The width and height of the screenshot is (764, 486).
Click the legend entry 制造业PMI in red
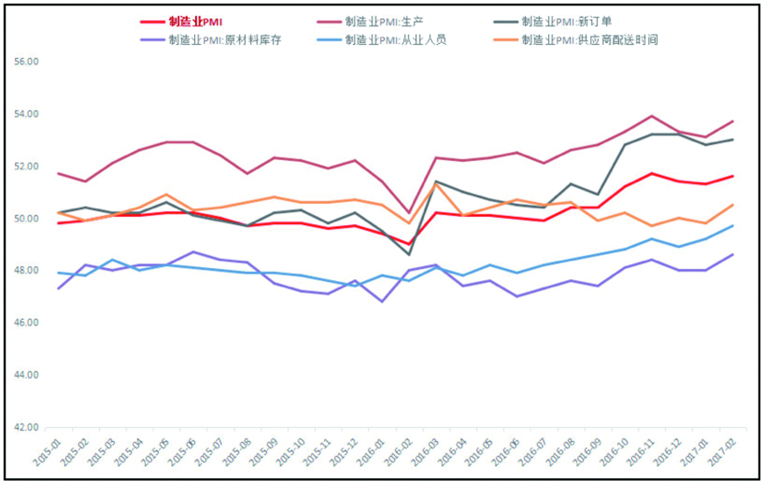(x=196, y=21)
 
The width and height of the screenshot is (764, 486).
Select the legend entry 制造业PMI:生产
(x=385, y=21)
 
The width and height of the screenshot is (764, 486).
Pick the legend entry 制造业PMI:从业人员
(x=396, y=40)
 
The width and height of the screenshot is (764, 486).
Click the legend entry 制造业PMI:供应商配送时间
(x=589, y=40)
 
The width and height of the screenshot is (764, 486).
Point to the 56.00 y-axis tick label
(x=28, y=62)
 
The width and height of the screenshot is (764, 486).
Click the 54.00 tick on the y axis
(x=28, y=114)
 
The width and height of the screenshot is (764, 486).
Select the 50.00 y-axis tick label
(x=28, y=219)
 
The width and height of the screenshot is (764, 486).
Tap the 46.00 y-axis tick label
(x=28, y=323)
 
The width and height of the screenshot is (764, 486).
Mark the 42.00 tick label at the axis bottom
(x=28, y=428)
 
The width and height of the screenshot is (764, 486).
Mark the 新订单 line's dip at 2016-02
(x=409, y=255)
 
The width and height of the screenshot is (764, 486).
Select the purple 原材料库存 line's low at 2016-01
(x=382, y=301)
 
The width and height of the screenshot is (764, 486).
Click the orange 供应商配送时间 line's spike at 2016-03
(x=436, y=184)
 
